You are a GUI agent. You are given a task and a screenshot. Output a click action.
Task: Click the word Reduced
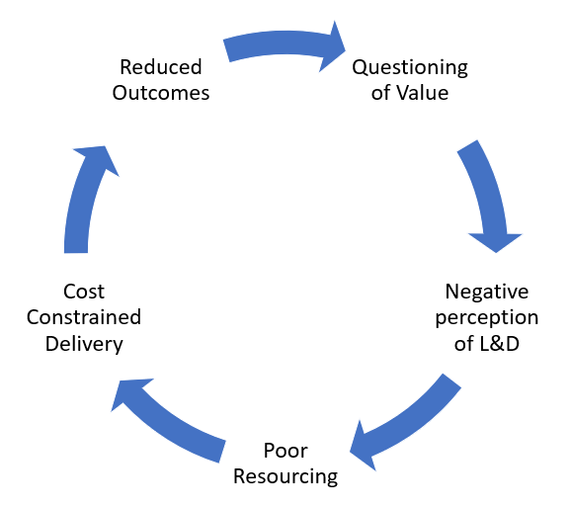(x=161, y=67)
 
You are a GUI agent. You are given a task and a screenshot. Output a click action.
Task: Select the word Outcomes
(x=161, y=93)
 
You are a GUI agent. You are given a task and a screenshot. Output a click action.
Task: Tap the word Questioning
(x=410, y=68)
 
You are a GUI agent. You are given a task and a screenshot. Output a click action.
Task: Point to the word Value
(x=423, y=93)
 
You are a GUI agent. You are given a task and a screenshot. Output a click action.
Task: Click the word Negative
(x=487, y=293)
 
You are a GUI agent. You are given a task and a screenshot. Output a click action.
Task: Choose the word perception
(x=487, y=318)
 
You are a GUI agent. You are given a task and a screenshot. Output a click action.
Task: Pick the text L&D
(x=500, y=344)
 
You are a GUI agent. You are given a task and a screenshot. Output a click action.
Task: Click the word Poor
(x=285, y=451)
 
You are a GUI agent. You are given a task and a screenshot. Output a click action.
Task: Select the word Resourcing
(x=285, y=477)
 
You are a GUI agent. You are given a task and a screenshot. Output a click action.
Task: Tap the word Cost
(x=84, y=292)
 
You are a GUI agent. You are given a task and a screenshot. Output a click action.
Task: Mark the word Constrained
(x=84, y=317)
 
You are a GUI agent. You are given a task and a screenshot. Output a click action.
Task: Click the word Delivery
(x=84, y=344)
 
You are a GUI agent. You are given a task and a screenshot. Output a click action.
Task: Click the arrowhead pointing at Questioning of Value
(x=332, y=46)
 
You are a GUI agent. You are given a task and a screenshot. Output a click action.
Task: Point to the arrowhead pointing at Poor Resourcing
(x=363, y=447)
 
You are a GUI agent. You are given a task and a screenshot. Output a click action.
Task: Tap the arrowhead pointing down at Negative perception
(x=496, y=242)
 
